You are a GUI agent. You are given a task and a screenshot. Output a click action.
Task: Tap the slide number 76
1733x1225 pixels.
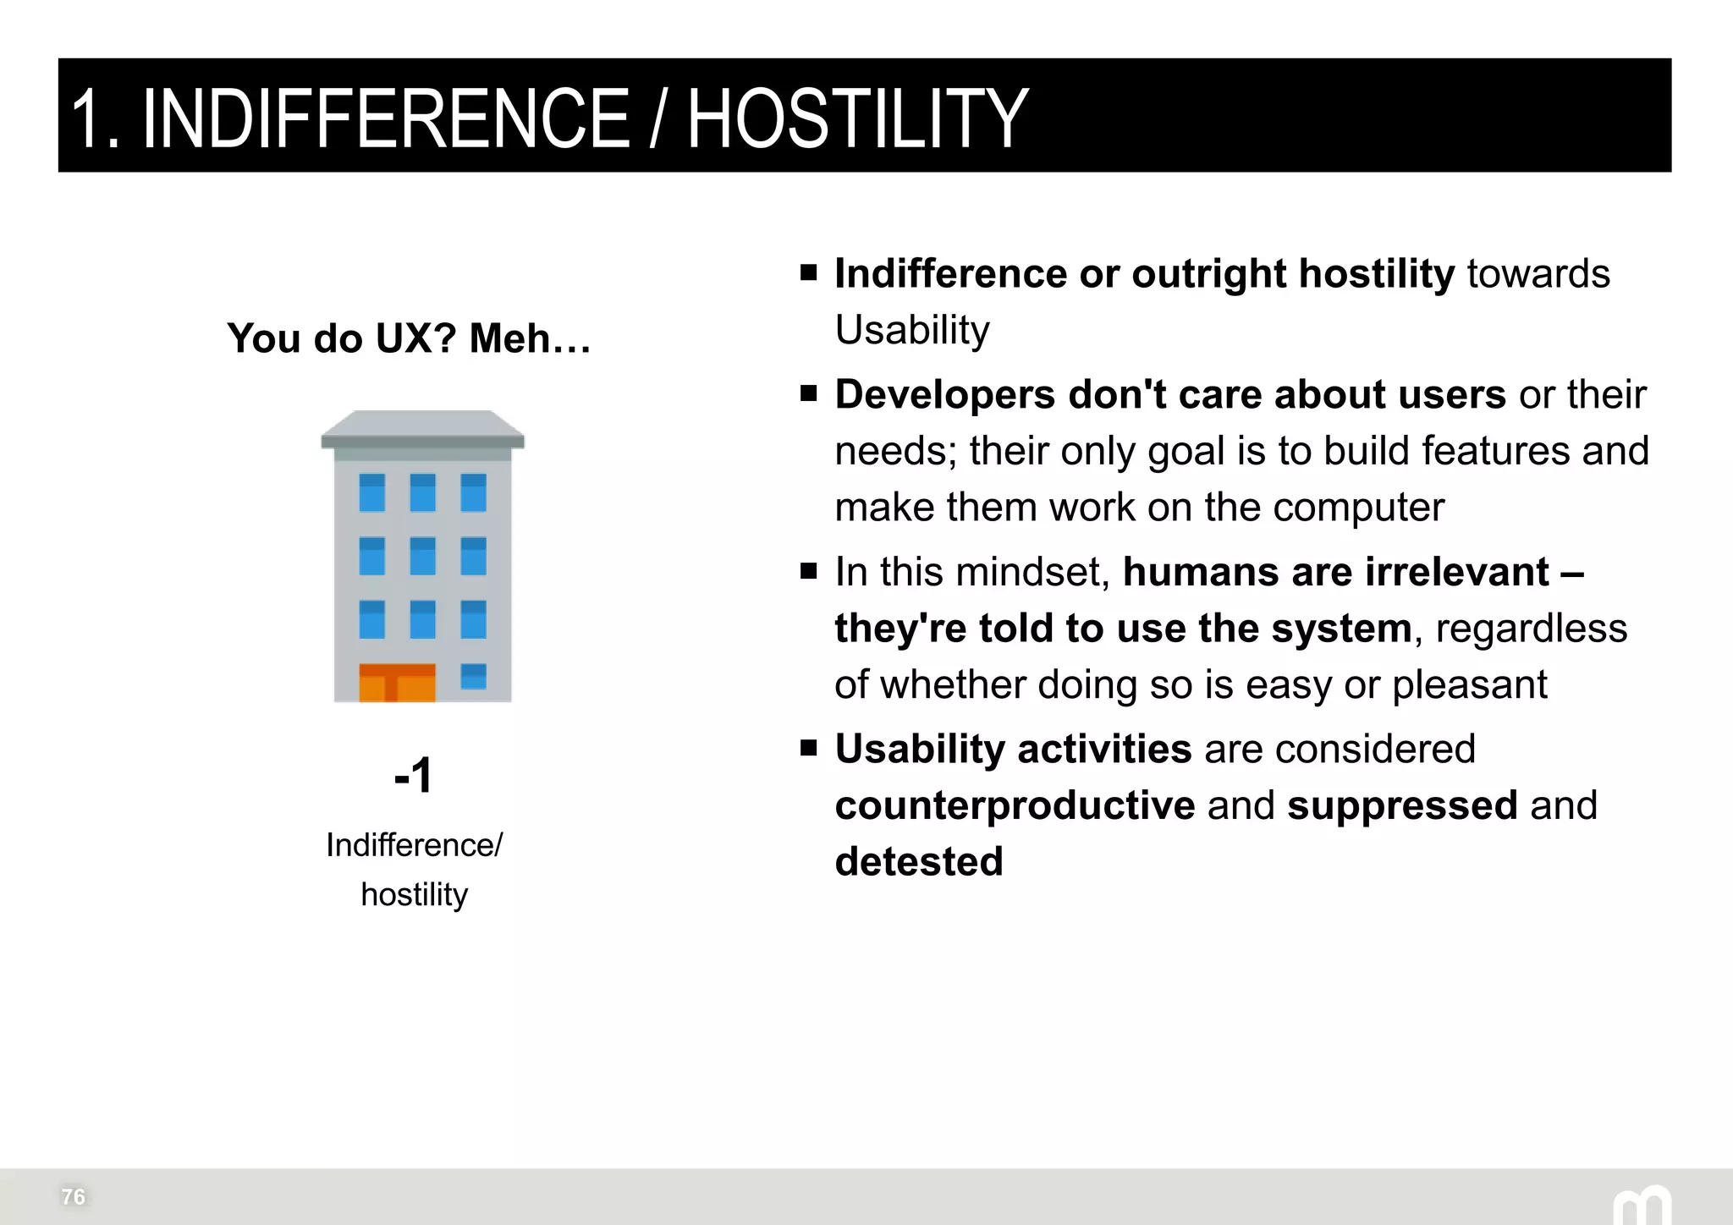tap(74, 1196)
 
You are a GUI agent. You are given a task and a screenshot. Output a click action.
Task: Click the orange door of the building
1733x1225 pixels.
tap(397, 684)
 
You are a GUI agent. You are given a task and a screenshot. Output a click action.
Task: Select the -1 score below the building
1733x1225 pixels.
tap(414, 775)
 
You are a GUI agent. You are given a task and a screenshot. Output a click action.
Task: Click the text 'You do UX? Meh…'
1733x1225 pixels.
tap(409, 338)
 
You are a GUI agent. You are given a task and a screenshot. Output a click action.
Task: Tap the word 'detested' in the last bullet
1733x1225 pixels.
tap(919, 861)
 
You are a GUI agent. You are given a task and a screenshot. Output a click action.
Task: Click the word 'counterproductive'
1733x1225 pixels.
tap(1015, 805)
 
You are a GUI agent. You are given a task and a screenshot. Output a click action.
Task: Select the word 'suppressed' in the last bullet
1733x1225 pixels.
tap(1402, 805)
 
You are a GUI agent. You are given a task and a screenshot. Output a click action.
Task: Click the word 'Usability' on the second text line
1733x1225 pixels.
tap(912, 330)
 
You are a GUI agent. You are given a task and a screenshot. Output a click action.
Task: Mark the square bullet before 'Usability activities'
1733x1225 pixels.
tap(809, 748)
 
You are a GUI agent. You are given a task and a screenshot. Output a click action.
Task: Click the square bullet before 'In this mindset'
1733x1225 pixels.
tap(809, 571)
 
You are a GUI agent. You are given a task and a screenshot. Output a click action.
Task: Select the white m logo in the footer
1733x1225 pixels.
tap(1642, 1205)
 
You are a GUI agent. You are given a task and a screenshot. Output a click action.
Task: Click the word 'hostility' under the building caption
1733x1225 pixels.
tap(414, 894)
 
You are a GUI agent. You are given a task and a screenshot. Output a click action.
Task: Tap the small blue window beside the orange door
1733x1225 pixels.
tap(474, 677)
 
